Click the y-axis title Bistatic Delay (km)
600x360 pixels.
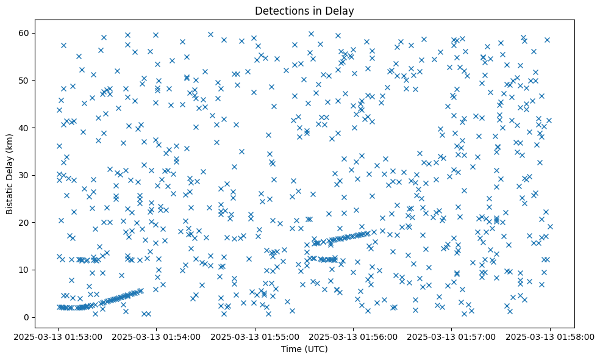pyautogui.click(x=10, y=166)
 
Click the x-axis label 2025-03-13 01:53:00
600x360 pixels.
pyautogui.click(x=59, y=336)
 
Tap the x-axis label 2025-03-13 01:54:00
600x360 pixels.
pyautogui.click(x=157, y=336)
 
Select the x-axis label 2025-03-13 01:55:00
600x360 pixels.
pyautogui.click(x=255, y=336)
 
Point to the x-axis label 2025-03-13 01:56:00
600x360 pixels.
pyautogui.click(x=354, y=336)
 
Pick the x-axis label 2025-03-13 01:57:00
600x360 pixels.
pyautogui.click(x=452, y=336)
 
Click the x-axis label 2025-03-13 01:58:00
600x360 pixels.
pyautogui.click(x=550, y=336)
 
